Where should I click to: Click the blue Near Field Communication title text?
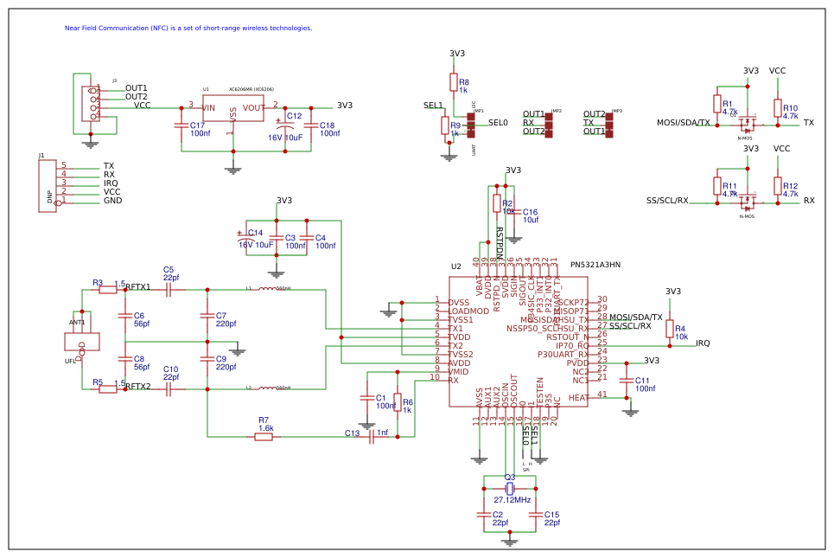click(x=188, y=28)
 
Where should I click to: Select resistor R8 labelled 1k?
click(x=453, y=82)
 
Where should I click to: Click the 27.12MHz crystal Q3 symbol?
click(x=510, y=489)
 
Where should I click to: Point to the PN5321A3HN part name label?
click(x=595, y=265)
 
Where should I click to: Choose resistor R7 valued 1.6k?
click(x=264, y=437)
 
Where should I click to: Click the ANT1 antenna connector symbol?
click(x=81, y=341)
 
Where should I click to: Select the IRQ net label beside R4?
click(x=703, y=343)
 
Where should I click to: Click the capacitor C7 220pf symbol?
click(x=207, y=315)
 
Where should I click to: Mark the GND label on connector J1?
click(x=112, y=201)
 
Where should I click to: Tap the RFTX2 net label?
click(x=138, y=388)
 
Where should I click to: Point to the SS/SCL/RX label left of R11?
click(x=667, y=201)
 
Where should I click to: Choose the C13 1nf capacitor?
click(x=372, y=437)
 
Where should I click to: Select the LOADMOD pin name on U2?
click(x=468, y=311)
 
